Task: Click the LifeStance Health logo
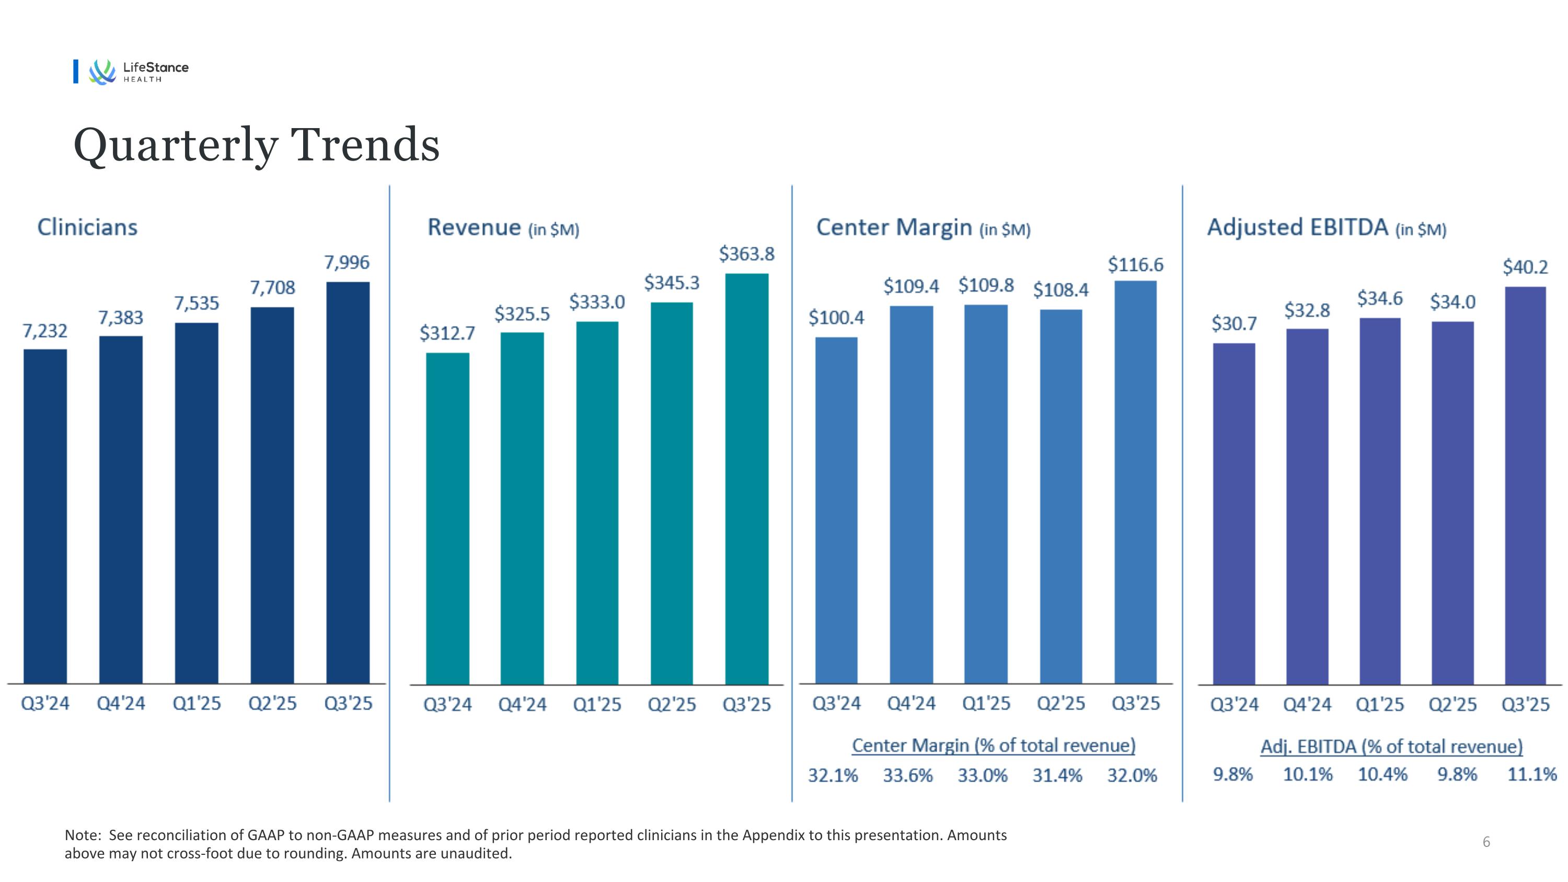pos(137,71)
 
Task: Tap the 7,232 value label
pos(44,331)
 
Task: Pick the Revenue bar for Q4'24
pos(522,508)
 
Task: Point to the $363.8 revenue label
pos(746,254)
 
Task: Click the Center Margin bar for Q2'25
pos(1060,497)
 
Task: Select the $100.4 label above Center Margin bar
pos(836,318)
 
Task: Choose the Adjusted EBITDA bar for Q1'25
pos(1379,501)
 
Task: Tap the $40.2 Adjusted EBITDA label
pos(1525,267)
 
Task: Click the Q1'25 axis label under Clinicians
pos(196,704)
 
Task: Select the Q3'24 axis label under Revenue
pos(447,705)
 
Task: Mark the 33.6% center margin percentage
pos(907,775)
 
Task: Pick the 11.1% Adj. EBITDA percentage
pos(1531,774)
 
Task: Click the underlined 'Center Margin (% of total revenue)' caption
pos(994,746)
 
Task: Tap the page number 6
pos(1486,842)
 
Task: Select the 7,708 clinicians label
pos(272,288)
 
